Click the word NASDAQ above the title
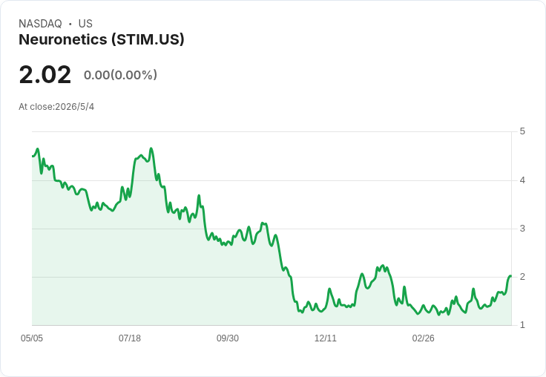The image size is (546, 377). (x=40, y=24)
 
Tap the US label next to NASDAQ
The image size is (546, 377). (x=85, y=24)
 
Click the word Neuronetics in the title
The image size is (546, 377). (x=63, y=39)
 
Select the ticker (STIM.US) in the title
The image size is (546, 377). (x=148, y=40)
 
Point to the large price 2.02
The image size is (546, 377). (x=45, y=74)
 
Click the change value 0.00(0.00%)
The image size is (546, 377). (x=120, y=75)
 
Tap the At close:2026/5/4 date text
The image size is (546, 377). (x=56, y=107)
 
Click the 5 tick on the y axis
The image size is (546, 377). (x=522, y=131)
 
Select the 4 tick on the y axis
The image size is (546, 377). (x=522, y=180)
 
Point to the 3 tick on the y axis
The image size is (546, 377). (x=522, y=229)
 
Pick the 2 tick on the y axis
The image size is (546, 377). (x=522, y=277)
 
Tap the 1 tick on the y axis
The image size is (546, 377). (x=522, y=325)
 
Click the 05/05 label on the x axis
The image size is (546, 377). (x=32, y=338)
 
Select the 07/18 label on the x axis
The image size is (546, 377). (x=130, y=338)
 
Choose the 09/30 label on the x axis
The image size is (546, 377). (x=228, y=338)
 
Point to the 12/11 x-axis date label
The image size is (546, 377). (x=325, y=338)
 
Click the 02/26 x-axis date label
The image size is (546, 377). (x=423, y=338)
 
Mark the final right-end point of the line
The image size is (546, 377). (x=511, y=276)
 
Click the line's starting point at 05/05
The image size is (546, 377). (x=33, y=156)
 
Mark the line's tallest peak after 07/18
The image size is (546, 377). (x=151, y=148)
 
